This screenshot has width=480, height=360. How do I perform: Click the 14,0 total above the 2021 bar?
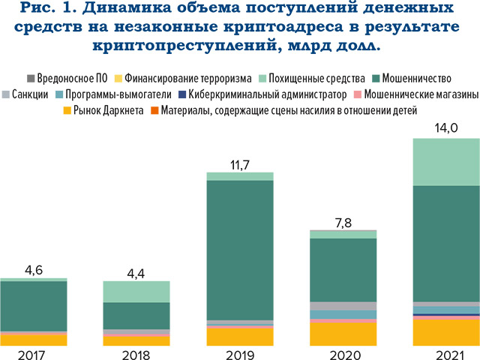[x=446, y=128]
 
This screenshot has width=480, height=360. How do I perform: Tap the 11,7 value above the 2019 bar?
[x=239, y=163]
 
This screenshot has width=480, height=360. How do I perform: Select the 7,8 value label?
[x=343, y=221]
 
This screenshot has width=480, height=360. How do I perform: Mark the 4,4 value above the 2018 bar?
[x=136, y=271]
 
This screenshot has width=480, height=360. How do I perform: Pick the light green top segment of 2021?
[x=446, y=161]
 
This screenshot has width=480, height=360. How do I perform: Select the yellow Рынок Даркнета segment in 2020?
[x=343, y=333]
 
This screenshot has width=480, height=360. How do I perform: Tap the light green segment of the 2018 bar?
[x=136, y=292]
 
